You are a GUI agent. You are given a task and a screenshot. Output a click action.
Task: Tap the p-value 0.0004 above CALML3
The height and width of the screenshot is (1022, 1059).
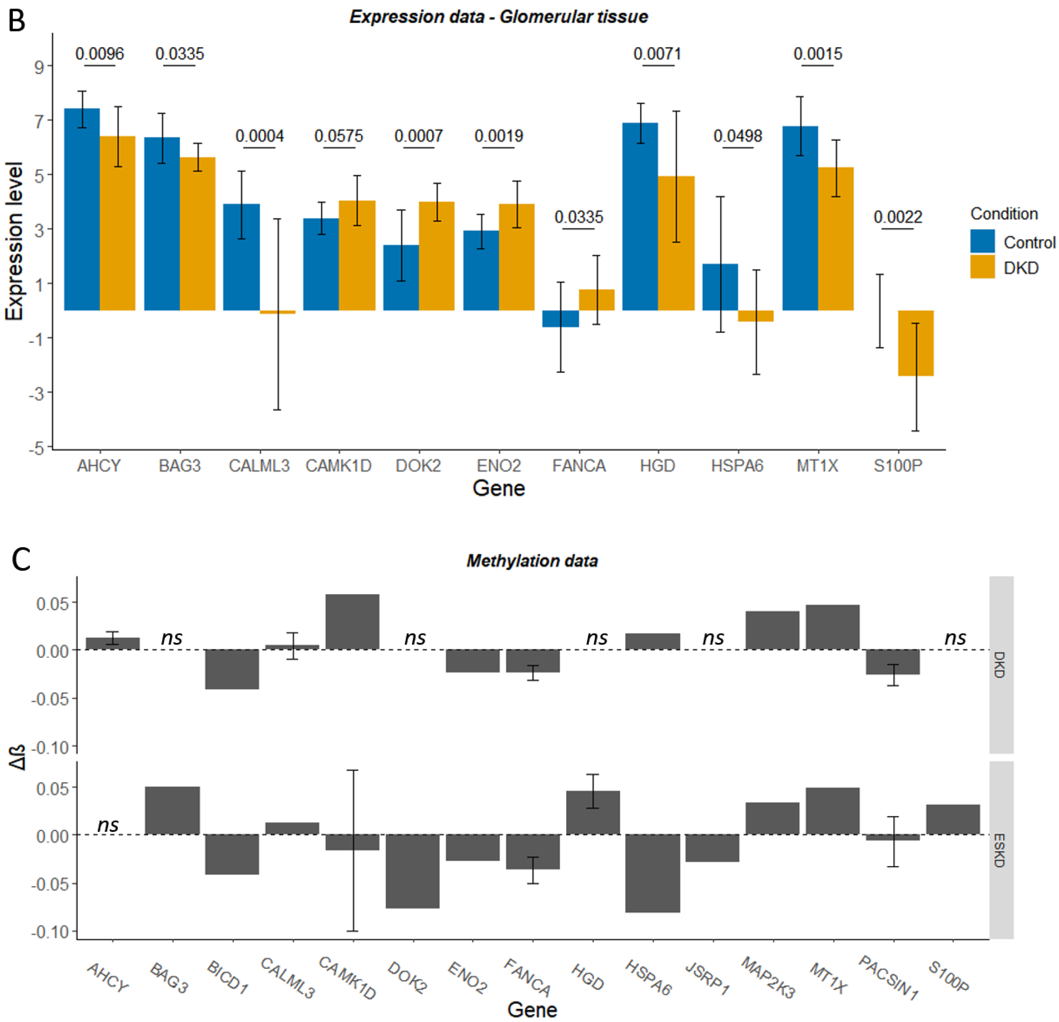point(259,136)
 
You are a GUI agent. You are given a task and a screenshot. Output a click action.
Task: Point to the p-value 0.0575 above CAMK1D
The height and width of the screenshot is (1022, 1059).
point(339,136)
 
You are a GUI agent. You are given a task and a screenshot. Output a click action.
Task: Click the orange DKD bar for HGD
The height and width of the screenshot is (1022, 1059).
point(676,243)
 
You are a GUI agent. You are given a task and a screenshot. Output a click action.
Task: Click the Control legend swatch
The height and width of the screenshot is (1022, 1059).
point(982,241)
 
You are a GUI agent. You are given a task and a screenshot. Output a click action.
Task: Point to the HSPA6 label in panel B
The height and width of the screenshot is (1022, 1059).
point(737,466)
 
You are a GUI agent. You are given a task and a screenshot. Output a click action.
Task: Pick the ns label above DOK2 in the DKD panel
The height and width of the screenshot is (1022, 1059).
point(415,638)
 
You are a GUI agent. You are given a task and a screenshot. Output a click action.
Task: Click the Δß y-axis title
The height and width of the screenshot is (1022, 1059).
point(18,756)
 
